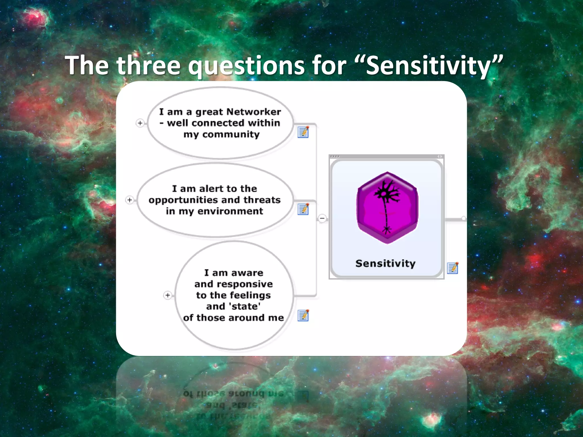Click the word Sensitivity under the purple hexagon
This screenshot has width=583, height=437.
[x=385, y=263]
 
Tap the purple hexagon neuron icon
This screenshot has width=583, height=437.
[x=387, y=208]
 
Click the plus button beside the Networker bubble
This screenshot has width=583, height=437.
[x=140, y=123]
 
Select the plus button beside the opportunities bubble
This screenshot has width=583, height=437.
[x=130, y=200]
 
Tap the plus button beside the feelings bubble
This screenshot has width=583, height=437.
[x=168, y=295]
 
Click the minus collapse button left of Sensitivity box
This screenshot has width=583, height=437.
[x=322, y=218]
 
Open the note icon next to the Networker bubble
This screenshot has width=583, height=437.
[x=303, y=132]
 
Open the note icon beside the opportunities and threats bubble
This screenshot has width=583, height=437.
[x=303, y=209]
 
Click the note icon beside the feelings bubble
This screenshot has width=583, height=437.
[x=303, y=316]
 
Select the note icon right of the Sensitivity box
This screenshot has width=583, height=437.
[x=453, y=268]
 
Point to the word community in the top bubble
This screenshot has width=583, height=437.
[x=231, y=134]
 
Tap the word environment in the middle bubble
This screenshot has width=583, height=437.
[x=230, y=211]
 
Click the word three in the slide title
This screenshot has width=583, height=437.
[x=149, y=65]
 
